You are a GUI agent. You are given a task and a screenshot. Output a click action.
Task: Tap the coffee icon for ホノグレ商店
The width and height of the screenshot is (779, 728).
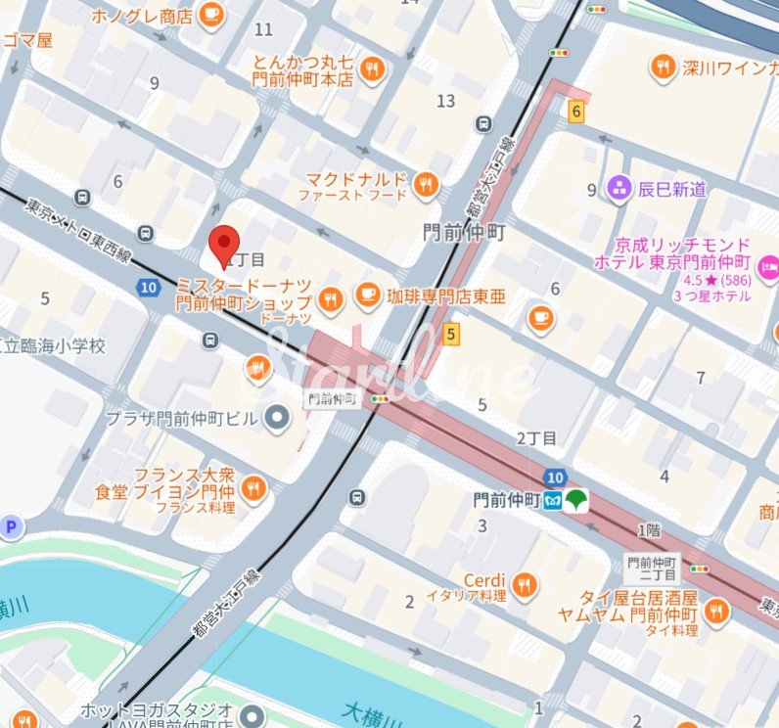point(210,14)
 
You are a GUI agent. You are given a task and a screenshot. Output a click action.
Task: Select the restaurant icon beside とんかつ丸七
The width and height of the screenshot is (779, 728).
point(372,68)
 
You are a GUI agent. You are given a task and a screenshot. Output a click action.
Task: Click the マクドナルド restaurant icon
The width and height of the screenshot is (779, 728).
point(425,183)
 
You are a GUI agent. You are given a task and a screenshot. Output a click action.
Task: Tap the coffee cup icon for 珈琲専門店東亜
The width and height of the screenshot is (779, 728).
point(367,294)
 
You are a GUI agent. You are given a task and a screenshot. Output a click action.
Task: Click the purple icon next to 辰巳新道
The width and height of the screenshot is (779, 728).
point(619,188)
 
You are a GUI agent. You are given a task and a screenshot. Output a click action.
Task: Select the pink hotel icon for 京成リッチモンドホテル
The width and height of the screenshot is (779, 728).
point(769,264)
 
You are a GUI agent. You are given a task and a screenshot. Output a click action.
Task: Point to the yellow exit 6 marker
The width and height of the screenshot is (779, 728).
point(576,113)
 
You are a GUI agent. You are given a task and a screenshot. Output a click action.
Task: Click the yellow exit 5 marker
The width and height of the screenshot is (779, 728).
point(450,335)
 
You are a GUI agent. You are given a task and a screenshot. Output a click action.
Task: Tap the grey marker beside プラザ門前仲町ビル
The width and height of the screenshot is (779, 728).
point(278,419)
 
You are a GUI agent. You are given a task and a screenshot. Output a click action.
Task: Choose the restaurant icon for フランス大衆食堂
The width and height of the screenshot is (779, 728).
point(254,486)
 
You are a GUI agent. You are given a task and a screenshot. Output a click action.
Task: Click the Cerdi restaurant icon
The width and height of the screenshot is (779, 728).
point(525,584)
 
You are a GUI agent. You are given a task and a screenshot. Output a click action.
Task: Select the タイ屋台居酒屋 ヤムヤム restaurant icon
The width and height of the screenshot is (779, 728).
point(717,612)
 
